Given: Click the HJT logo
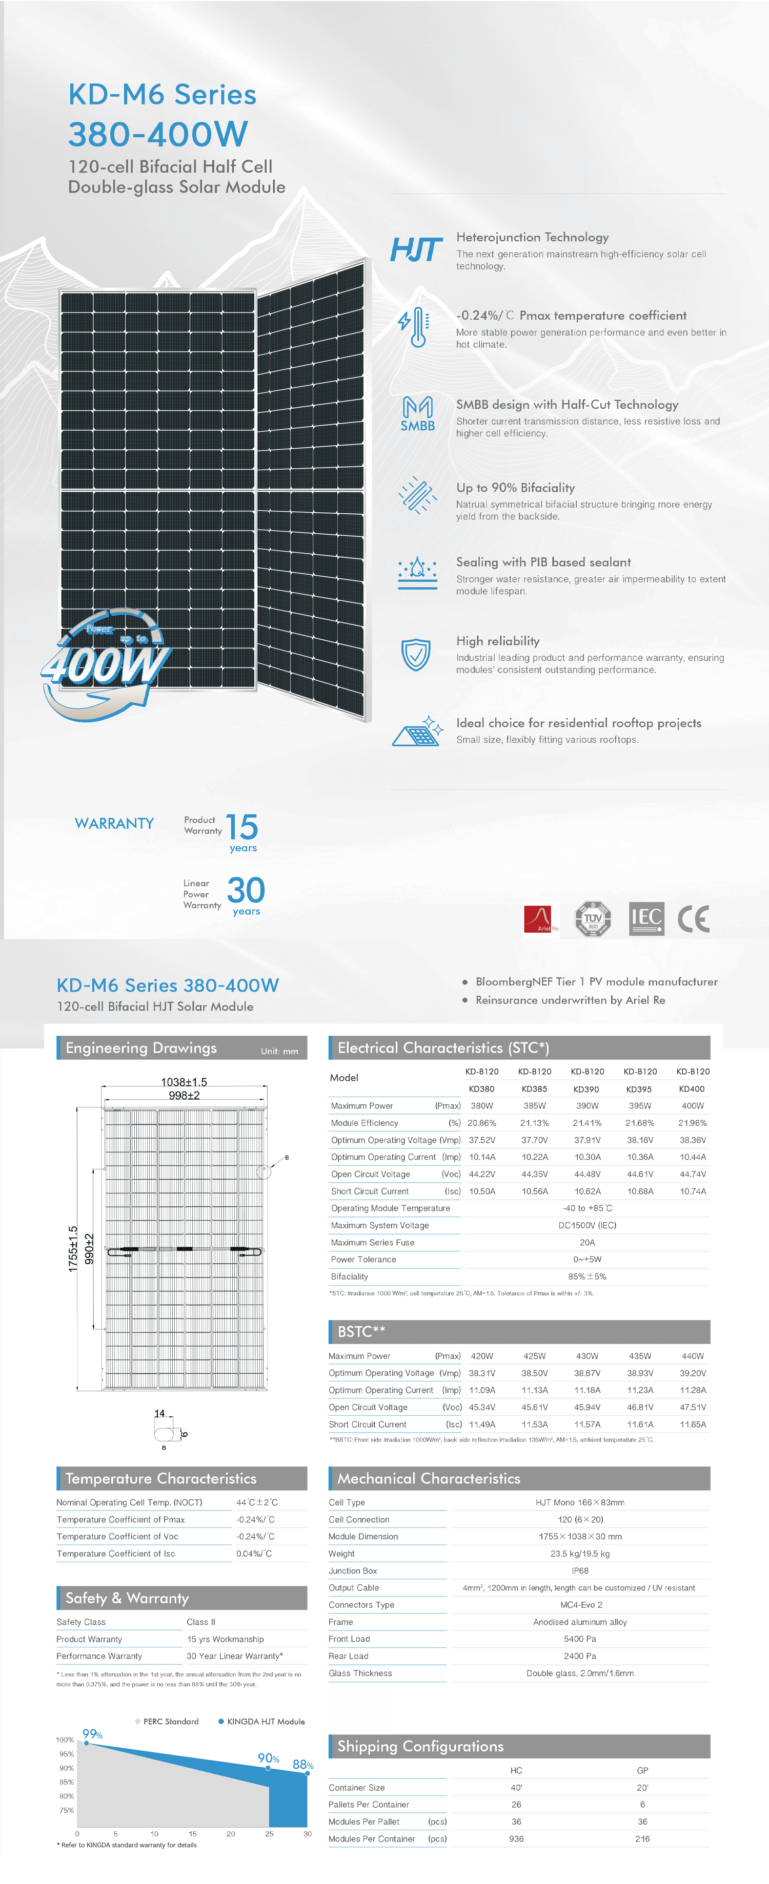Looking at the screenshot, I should click(416, 249).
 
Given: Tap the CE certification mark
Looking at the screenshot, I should click(693, 918).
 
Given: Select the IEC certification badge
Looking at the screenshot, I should click(646, 918).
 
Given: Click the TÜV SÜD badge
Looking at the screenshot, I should click(593, 918).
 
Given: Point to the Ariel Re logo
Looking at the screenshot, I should click(541, 918).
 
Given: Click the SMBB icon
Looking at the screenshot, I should click(417, 414).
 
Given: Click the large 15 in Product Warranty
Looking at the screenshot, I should click(241, 827).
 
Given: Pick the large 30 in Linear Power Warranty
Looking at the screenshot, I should click(246, 890).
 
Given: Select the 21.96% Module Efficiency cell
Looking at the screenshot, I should click(692, 1123).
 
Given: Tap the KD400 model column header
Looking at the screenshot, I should click(692, 1089).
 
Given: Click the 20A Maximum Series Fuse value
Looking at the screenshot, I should click(587, 1242).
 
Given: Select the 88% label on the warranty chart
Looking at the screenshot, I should click(302, 1765).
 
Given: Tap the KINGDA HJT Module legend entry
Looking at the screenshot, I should click(261, 1722).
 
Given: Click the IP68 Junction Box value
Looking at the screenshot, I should click(579, 1570).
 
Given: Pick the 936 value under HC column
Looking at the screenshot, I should click(516, 1838).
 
